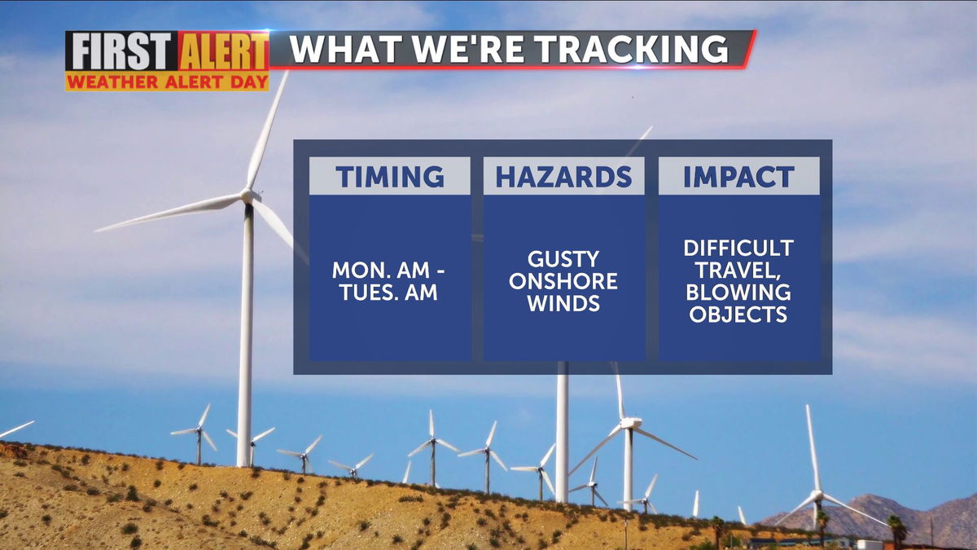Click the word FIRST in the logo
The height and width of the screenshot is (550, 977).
[121, 51]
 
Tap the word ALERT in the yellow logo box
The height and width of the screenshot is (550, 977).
[223, 51]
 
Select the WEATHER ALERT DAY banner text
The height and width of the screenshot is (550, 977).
[167, 81]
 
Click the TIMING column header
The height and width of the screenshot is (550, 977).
[390, 176]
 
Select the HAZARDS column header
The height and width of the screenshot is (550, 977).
[563, 176]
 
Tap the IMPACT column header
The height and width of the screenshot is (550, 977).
[738, 176]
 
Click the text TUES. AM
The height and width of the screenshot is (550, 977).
[388, 292]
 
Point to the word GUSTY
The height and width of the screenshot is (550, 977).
[563, 259]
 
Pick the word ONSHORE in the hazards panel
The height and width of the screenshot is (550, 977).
[563, 281]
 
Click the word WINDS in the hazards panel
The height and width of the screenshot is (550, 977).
[563, 303]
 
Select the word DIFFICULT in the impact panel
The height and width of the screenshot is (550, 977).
[738, 248]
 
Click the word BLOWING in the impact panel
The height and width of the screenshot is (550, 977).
[738, 292]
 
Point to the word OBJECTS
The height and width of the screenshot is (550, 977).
[738, 315]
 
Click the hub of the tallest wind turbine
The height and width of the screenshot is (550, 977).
[248, 196]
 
